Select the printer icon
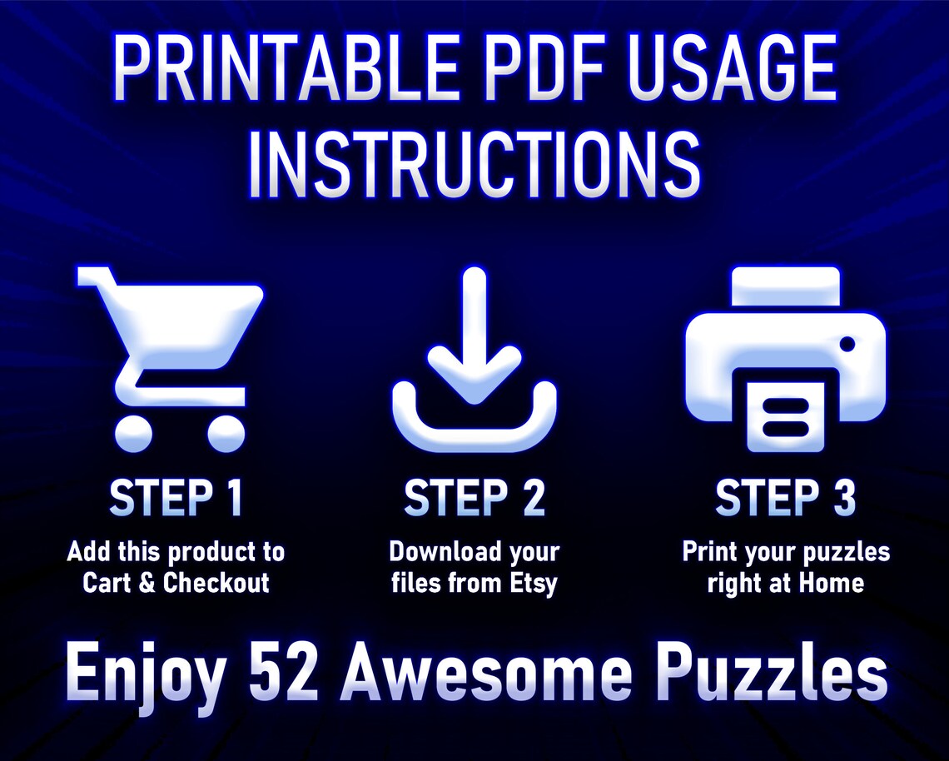[x=785, y=358]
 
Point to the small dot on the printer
[x=847, y=343]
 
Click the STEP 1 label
[x=176, y=499]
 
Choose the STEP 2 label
[x=474, y=499]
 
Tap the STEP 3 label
[x=785, y=499]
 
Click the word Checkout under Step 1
[x=216, y=583]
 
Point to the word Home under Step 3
[x=832, y=583]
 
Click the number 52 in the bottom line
[x=283, y=674]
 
